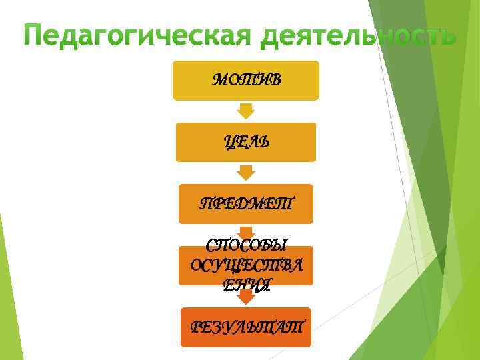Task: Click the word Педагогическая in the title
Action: [133, 36]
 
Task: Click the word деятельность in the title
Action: [357, 36]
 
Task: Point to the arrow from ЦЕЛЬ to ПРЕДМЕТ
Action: [246, 173]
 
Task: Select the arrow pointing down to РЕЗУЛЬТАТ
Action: [246, 295]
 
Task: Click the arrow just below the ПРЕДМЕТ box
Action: [246, 231]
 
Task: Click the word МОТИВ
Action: [246, 80]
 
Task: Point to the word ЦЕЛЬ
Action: [246, 141]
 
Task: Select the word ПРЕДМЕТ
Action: [246, 203]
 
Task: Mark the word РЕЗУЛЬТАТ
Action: [246, 327]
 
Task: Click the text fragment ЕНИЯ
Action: [246, 285]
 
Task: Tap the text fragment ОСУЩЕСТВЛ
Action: [246, 266]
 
